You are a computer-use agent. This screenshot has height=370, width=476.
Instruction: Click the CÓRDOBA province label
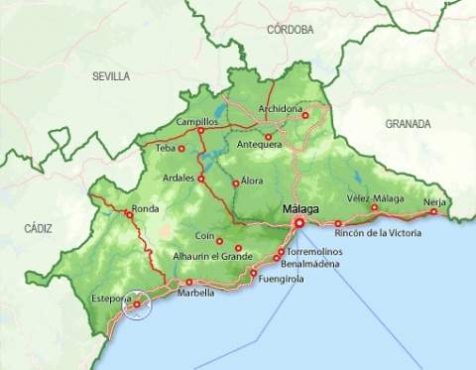click(290, 30)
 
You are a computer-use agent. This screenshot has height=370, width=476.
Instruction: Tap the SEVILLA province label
click(111, 76)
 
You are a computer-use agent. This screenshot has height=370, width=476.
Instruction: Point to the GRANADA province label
click(408, 124)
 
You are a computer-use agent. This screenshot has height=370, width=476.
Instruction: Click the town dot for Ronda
click(129, 213)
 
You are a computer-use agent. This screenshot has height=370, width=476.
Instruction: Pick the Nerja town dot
click(433, 211)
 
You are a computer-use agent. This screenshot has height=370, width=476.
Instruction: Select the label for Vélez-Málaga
click(375, 198)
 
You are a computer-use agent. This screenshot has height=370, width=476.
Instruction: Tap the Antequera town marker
click(268, 137)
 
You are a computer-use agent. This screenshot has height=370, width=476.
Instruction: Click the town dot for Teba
click(181, 149)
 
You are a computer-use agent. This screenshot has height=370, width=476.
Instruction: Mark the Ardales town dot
click(200, 180)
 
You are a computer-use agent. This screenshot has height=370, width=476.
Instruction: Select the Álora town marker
click(235, 184)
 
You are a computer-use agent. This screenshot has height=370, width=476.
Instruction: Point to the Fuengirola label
click(281, 279)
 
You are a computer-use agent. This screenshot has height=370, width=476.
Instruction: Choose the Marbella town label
click(195, 293)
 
